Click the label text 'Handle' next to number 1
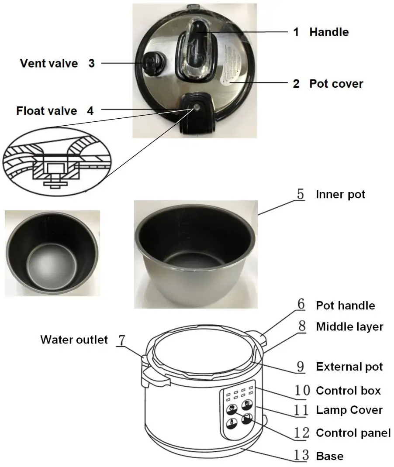coord(328,32)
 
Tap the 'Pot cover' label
coord(336,83)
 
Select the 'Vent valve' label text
coord(48,63)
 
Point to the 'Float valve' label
coord(46,110)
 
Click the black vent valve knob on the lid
coord(151,63)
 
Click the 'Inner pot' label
coord(340,194)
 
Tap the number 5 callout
coord(301,194)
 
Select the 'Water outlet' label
coord(74,340)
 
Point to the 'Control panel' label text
coord(353,433)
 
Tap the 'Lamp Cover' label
coord(349,410)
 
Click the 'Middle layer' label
coord(349,326)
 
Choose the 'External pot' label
coord(349,367)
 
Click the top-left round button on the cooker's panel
coord(232,409)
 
